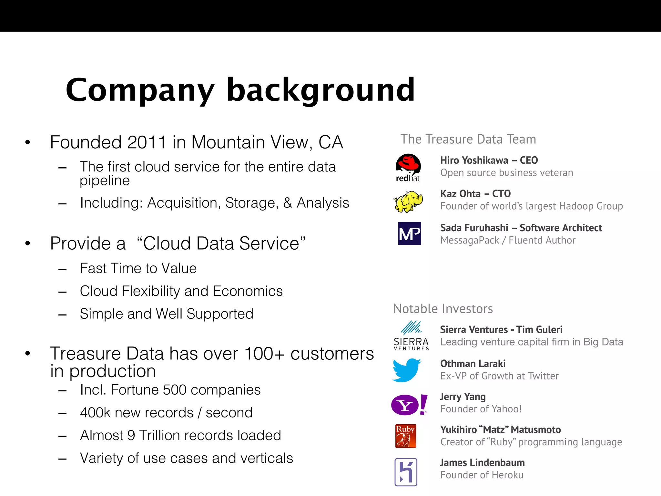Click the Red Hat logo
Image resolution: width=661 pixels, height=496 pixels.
coord(408,167)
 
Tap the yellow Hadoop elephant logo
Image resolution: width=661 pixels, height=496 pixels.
coord(408,201)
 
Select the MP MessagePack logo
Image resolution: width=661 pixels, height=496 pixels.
coord(410,233)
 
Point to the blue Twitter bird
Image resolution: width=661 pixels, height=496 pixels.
coord(406,370)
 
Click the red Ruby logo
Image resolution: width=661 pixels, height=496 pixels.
coord(406,436)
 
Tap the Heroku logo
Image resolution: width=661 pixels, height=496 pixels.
coord(406,472)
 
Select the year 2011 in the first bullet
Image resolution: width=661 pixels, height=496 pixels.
coord(147,142)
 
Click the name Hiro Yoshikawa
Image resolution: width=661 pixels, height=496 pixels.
coord(474,160)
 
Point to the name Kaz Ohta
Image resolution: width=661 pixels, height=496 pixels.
coord(460,194)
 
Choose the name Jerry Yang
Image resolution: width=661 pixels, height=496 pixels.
coord(463,397)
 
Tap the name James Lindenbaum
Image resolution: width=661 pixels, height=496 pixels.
coord(482,463)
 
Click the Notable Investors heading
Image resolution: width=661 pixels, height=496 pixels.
coord(443,309)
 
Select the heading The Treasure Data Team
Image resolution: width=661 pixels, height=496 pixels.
coord(468,139)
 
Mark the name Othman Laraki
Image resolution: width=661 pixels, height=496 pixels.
coord(473,364)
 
